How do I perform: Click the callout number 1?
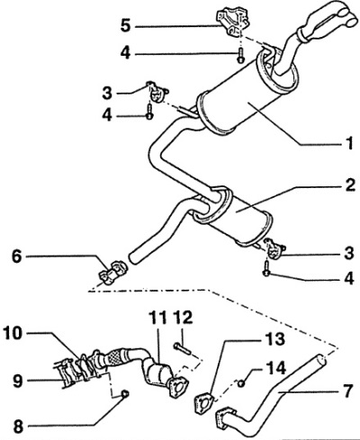pyautogui.click(x=349, y=142)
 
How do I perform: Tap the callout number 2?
pyautogui.click(x=350, y=184)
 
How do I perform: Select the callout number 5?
pyautogui.click(x=126, y=25)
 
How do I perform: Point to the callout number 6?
pyautogui.click(x=17, y=257)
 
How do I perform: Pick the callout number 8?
pyautogui.click(x=18, y=426)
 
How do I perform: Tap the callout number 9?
pyautogui.click(x=17, y=381)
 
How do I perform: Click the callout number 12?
pyautogui.click(x=184, y=317)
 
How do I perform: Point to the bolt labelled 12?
pyautogui.click(x=182, y=347)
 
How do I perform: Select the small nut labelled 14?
pyautogui.click(x=242, y=382)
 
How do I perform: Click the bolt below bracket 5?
pyautogui.click(x=240, y=56)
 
